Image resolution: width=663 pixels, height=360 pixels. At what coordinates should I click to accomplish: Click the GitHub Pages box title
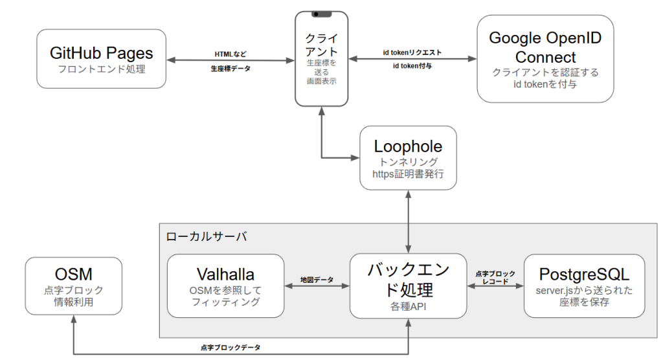click(x=102, y=52)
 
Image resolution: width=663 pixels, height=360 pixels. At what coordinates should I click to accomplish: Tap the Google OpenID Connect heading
click(x=545, y=47)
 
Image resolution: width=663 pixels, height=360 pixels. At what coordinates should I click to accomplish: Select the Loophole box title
click(x=408, y=147)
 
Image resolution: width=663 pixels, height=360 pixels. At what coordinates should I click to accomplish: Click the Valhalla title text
click(x=225, y=275)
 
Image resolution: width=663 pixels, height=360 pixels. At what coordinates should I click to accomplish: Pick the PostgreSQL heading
click(x=585, y=273)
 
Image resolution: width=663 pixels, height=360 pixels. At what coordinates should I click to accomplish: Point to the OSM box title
click(x=74, y=274)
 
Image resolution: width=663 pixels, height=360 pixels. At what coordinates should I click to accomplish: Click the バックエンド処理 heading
click(x=408, y=280)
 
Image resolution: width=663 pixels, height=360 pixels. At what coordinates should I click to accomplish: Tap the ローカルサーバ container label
click(x=206, y=236)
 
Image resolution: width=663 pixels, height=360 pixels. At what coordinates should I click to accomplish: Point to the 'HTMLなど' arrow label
click(x=230, y=54)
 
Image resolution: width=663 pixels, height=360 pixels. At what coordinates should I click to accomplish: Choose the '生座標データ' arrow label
click(x=230, y=67)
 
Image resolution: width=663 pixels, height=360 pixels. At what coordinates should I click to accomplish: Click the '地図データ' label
click(x=317, y=280)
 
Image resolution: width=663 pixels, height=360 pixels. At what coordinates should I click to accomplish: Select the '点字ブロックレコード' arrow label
click(x=495, y=277)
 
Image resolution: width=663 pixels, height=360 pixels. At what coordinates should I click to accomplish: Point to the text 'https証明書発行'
click(x=408, y=174)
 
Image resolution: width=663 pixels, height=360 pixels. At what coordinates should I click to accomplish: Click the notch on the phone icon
click(x=321, y=14)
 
